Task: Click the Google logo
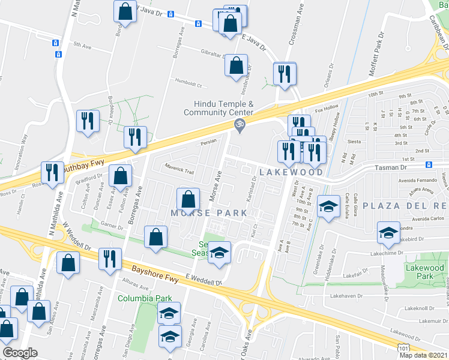(20, 353)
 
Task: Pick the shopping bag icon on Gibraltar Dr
(237, 64)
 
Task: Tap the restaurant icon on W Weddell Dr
(109, 259)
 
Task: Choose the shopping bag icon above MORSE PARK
(188, 199)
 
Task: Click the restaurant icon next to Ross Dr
(53, 172)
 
